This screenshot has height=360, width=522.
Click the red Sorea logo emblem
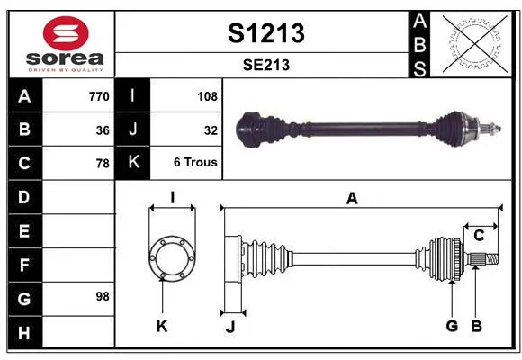pyautogui.click(x=66, y=33)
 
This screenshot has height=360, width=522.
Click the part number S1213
pyautogui.click(x=266, y=33)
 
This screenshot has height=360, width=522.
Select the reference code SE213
pyautogui.click(x=266, y=65)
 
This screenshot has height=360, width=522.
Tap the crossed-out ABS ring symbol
pyautogui.click(x=475, y=43)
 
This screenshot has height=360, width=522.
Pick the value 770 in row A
pyautogui.click(x=99, y=96)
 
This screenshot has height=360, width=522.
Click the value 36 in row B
pyautogui.click(x=103, y=130)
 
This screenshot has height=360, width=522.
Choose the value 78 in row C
pyautogui.click(x=103, y=164)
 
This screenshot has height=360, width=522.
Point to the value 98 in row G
pyautogui.click(x=103, y=296)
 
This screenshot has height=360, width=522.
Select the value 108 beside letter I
pyautogui.click(x=207, y=96)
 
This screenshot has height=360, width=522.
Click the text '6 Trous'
pyautogui.click(x=195, y=162)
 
